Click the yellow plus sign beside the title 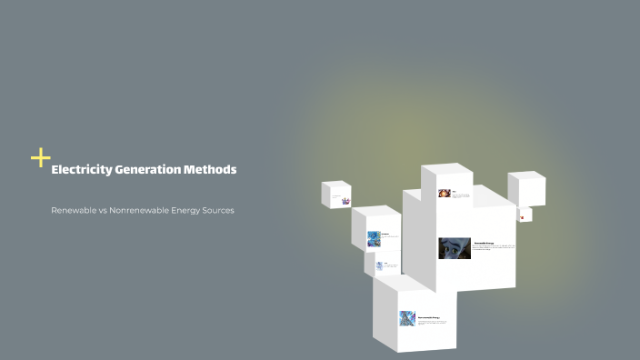point(40,158)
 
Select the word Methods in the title point(210,170)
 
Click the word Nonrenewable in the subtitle point(137,210)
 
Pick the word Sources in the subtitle point(218,210)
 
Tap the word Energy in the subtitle point(185,210)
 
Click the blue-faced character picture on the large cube point(455,248)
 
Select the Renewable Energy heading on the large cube point(485,243)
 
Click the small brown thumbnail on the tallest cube point(444,194)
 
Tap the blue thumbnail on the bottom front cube point(407,318)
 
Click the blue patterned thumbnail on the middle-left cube point(374,238)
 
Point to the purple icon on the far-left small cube point(345,199)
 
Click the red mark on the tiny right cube point(523,217)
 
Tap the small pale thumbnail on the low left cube point(380,265)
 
